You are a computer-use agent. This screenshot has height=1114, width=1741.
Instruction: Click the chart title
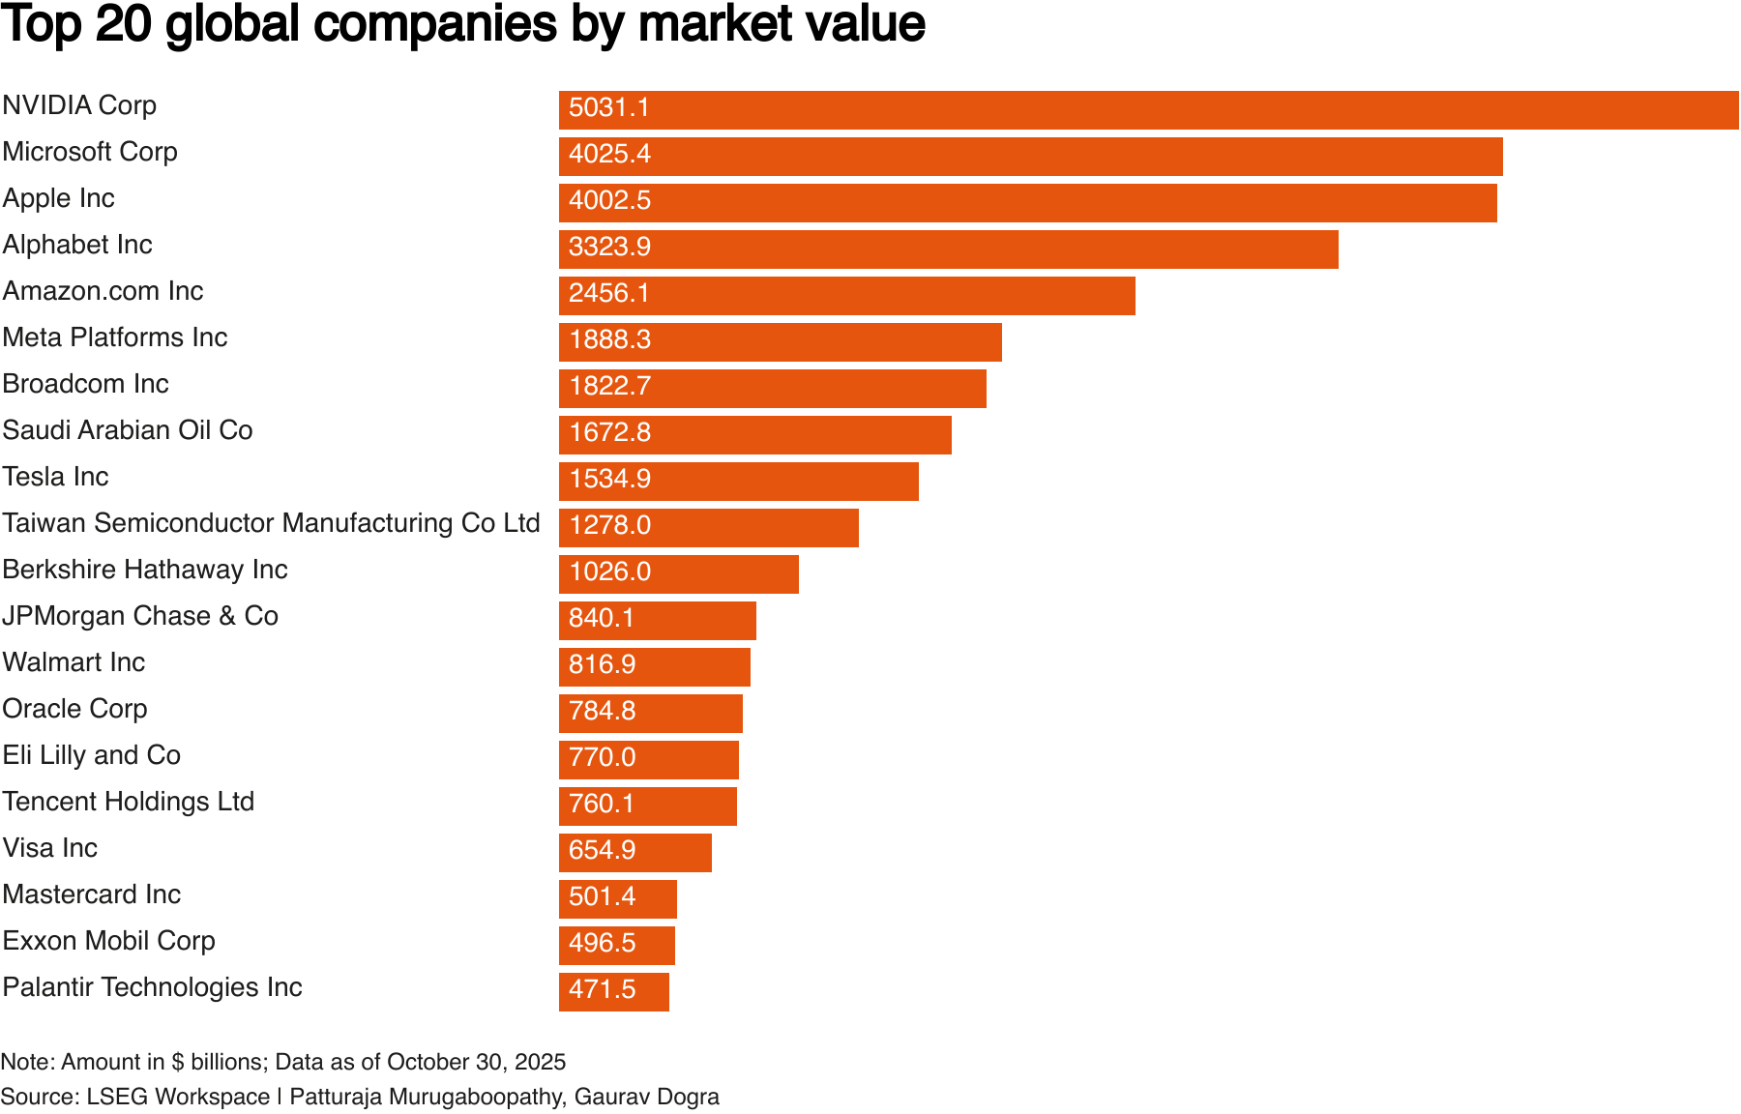click(462, 25)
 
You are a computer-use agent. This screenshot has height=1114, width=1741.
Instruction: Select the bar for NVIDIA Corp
click(1148, 110)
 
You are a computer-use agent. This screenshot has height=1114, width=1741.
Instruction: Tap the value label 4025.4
click(609, 155)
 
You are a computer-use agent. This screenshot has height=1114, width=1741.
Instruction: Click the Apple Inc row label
click(59, 198)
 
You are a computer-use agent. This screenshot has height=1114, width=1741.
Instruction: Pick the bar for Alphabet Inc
click(948, 249)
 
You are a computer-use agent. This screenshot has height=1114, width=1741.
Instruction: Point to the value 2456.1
click(609, 294)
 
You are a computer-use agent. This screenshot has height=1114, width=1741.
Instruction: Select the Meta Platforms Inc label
click(115, 337)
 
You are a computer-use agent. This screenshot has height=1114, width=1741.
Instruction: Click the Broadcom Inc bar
click(772, 389)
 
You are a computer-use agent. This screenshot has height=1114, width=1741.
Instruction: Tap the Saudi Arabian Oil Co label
click(128, 430)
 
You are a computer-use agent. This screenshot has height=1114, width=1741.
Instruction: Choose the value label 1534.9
click(609, 480)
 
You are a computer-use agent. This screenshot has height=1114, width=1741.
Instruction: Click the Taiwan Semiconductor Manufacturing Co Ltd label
click(271, 523)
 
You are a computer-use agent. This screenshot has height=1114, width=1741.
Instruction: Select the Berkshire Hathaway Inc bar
click(678, 574)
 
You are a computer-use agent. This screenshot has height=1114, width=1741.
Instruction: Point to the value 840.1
click(602, 619)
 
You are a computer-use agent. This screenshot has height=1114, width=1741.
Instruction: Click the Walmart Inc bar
click(654, 667)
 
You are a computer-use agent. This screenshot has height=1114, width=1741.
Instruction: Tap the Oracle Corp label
click(75, 709)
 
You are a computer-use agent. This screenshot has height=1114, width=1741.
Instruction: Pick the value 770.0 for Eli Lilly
click(602, 758)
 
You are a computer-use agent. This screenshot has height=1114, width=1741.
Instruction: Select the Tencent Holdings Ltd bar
click(647, 806)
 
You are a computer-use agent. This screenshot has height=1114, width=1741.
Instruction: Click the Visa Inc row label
click(50, 848)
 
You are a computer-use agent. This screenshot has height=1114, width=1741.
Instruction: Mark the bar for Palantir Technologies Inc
click(613, 992)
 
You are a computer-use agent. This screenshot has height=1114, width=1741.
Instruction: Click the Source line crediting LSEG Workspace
click(360, 1097)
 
